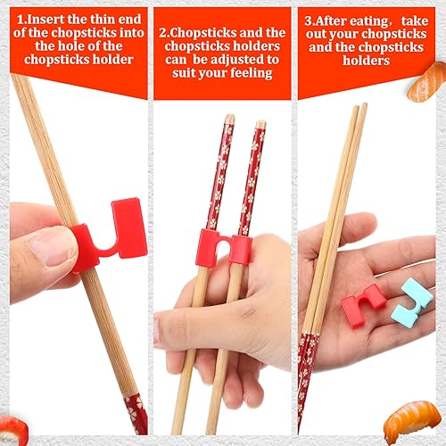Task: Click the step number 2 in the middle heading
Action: pyautogui.click(x=162, y=33)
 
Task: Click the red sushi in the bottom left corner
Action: pyautogui.click(x=12, y=429)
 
